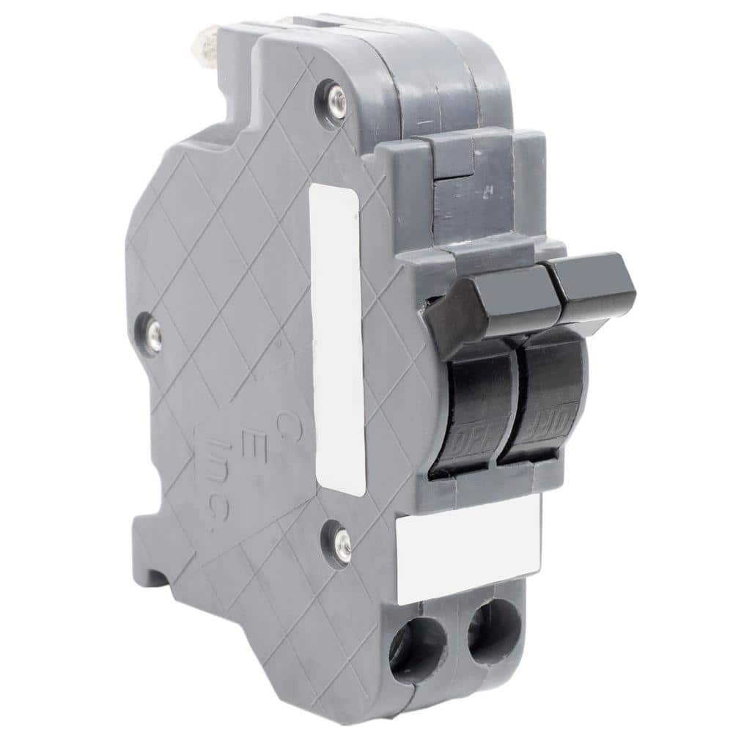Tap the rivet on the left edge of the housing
click(152, 333)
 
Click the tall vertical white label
click(337, 337)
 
